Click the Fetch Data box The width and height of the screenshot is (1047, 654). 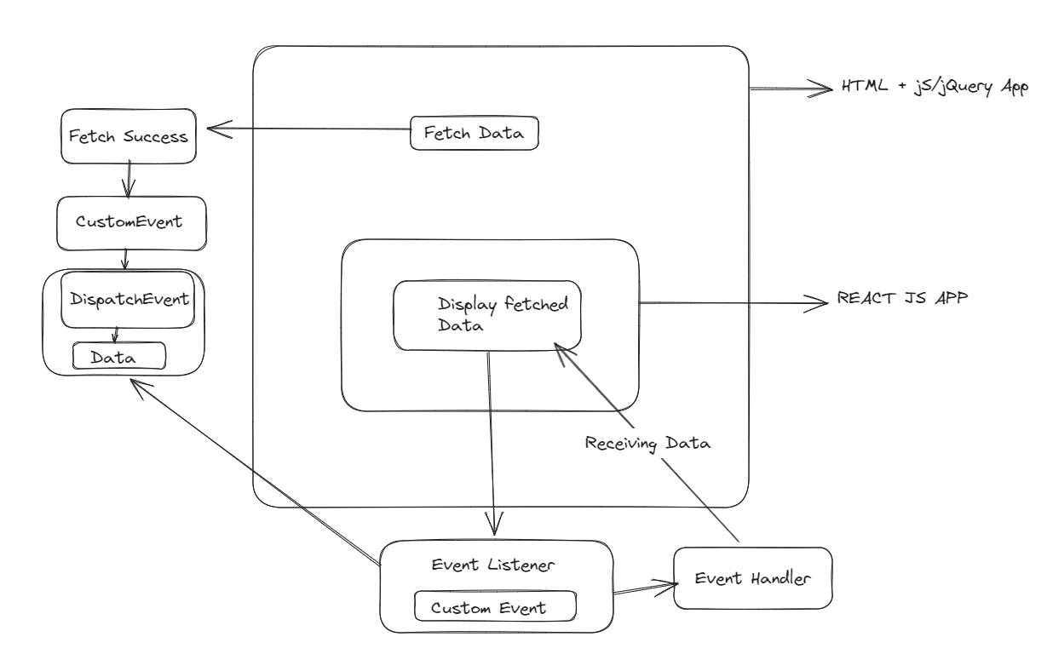(x=475, y=134)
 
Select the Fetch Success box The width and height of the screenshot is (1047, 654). (x=127, y=135)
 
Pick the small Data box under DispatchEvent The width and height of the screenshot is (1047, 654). (x=118, y=356)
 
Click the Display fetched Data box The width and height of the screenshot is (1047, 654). (x=487, y=314)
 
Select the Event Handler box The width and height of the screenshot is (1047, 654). (x=752, y=578)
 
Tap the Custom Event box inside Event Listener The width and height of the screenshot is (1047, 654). (x=494, y=608)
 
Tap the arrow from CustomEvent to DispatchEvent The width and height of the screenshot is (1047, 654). (x=125, y=259)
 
